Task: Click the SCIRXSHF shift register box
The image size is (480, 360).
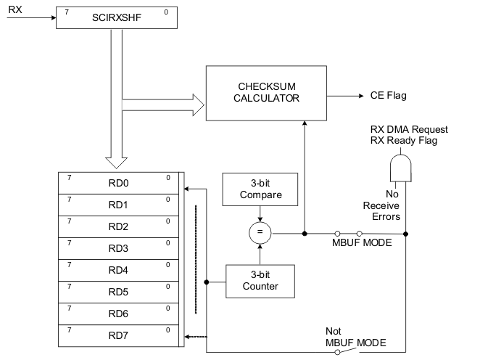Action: click(117, 17)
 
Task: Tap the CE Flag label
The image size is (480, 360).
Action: click(388, 95)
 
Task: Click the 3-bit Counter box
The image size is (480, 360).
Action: click(260, 280)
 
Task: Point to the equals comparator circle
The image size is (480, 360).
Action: click(260, 234)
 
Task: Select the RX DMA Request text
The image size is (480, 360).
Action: click(409, 129)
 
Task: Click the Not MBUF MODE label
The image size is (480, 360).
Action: click(355, 336)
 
